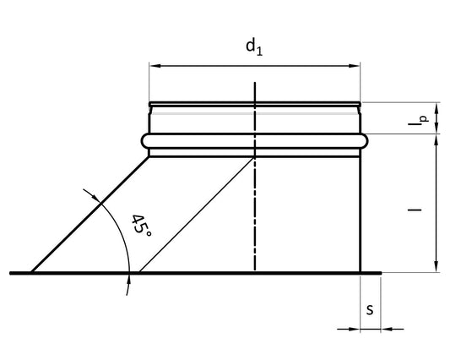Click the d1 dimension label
[x=254, y=46]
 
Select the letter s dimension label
[x=370, y=309]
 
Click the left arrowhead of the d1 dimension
[x=153, y=65]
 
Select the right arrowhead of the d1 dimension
[x=356, y=65]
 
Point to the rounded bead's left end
[x=142, y=141]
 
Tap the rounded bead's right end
[x=367, y=141]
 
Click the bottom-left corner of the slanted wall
[x=32, y=272]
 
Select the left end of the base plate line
[x=11, y=273]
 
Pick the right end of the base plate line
[x=382, y=273]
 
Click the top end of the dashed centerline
[x=255, y=83]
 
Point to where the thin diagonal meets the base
[x=138, y=272]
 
